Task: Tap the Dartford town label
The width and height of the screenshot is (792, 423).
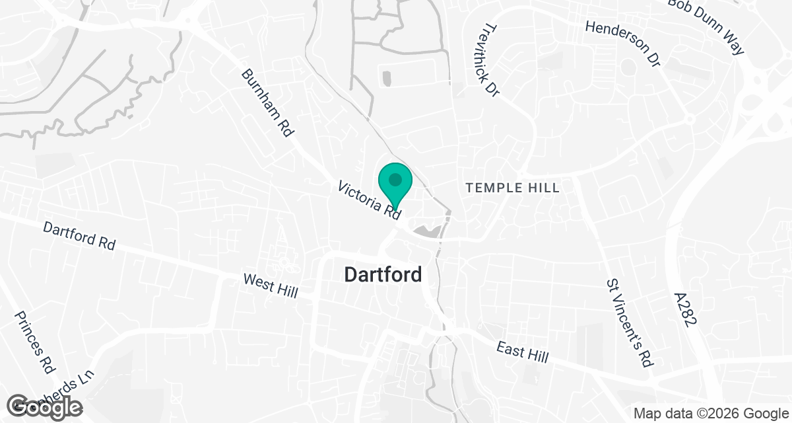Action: (x=383, y=274)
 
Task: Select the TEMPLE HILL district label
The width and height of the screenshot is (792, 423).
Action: (x=513, y=188)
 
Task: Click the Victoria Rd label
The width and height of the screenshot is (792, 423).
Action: (x=370, y=200)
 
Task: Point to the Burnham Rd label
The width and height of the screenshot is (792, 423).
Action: (x=267, y=103)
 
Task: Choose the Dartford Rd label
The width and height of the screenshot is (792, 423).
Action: (x=79, y=236)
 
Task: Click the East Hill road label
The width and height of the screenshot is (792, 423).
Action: (x=523, y=352)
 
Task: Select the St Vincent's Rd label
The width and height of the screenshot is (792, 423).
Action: (x=629, y=323)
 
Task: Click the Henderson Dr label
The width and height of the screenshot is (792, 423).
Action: (x=623, y=43)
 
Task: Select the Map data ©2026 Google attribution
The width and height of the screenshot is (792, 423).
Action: (x=709, y=414)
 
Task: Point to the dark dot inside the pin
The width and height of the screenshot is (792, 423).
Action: (x=395, y=179)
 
